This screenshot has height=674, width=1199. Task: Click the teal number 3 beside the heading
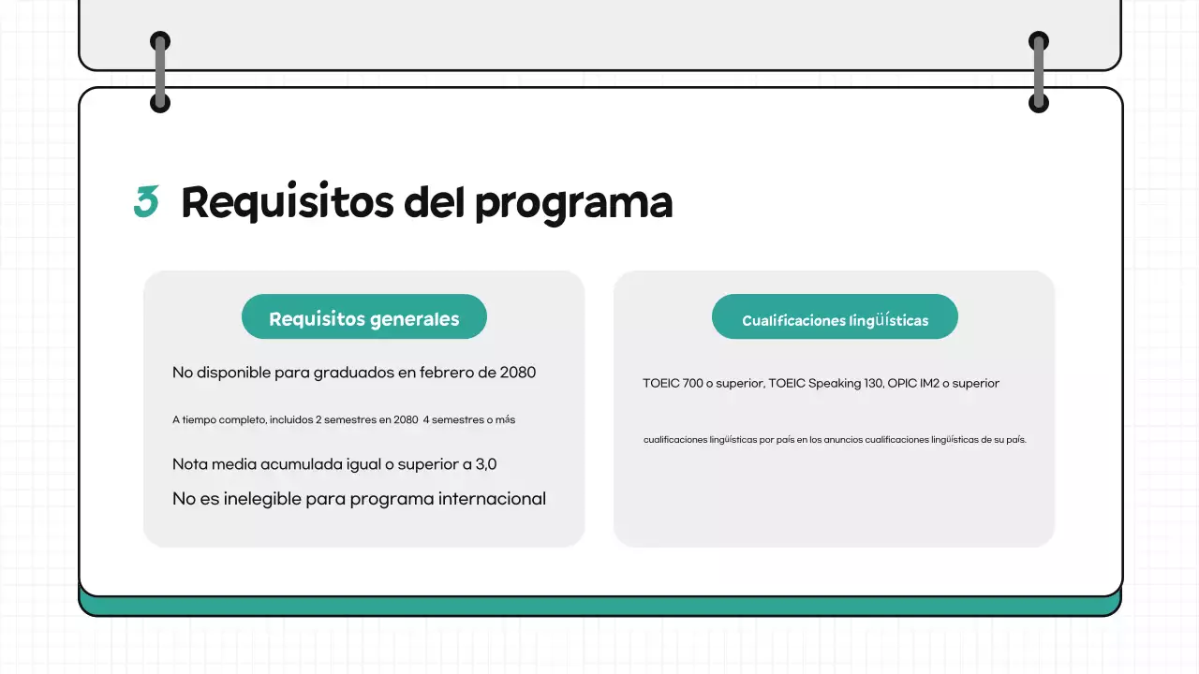pyautogui.click(x=146, y=202)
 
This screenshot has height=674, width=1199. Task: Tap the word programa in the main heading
pyautogui.click(x=573, y=204)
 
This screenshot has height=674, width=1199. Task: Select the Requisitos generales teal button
pyautogui.click(x=364, y=318)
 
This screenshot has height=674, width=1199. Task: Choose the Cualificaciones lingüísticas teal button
pyautogui.click(x=835, y=318)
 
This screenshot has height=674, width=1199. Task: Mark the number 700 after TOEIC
pyautogui.click(x=693, y=383)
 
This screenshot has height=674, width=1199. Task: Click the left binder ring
pyautogui.click(x=160, y=72)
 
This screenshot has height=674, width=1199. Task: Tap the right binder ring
pyautogui.click(x=1039, y=72)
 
